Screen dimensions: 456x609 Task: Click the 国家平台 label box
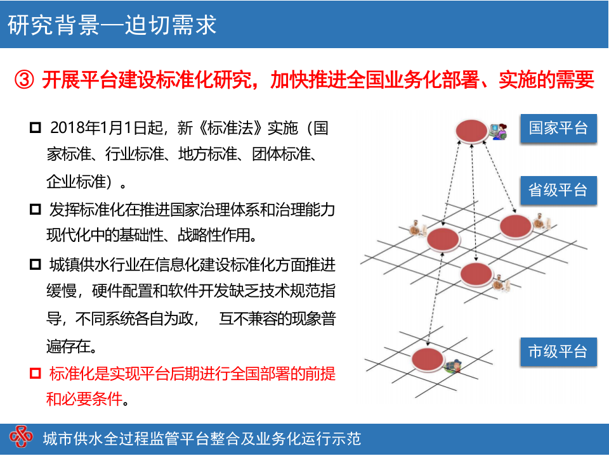[x=558, y=129]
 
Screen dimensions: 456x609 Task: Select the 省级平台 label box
[x=558, y=190]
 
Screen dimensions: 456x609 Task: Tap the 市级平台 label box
[x=558, y=351]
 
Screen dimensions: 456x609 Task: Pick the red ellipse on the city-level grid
[x=427, y=359]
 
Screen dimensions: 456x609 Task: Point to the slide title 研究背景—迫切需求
[x=112, y=24]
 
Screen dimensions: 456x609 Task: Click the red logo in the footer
[x=21, y=438]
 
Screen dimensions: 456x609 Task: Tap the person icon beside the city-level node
[x=454, y=366]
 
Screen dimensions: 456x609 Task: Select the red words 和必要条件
[x=82, y=400]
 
